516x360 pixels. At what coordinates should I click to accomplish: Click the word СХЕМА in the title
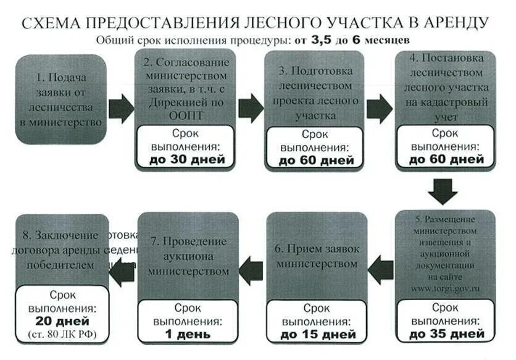50,23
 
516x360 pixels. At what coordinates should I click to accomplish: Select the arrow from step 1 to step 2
121,108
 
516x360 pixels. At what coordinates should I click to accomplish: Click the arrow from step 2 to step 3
251,108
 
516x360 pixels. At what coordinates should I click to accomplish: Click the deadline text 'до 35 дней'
445,335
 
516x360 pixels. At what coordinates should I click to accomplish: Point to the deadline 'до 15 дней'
316,335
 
